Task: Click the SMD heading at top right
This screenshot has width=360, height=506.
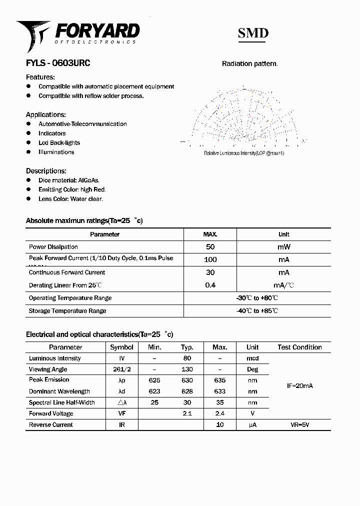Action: [253, 33]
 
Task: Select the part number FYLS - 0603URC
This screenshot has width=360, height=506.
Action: [58, 63]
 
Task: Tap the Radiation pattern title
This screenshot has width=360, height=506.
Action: [249, 63]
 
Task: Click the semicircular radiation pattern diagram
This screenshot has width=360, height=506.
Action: [244, 117]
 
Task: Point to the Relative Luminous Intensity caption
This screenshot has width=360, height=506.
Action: [244, 153]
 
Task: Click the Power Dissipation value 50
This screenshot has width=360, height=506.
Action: [210, 247]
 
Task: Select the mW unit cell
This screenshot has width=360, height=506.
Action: [283, 247]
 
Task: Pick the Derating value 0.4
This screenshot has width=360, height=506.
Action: [210, 285]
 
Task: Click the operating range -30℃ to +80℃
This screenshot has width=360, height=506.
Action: [257, 298]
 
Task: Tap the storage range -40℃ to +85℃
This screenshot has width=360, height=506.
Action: [257, 311]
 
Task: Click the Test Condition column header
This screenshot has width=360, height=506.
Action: [299, 347]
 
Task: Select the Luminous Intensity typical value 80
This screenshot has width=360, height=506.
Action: [187, 358]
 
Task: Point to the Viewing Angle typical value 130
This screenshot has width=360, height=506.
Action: [187, 369]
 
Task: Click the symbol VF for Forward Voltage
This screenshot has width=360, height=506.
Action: [121, 413]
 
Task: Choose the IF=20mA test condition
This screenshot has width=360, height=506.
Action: [299, 386]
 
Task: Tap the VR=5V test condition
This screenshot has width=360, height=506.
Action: [299, 424]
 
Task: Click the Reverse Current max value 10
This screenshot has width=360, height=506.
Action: [219, 424]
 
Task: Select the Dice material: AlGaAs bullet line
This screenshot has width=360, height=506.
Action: [69, 180]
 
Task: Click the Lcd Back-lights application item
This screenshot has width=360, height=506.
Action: [59, 142]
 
